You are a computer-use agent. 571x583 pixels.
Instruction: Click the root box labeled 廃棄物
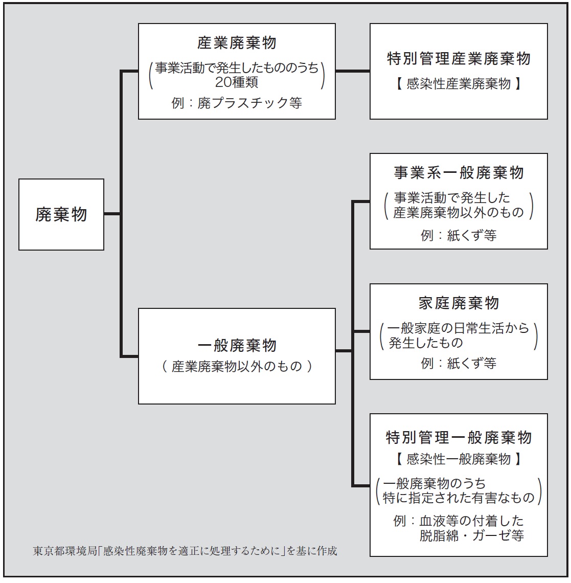coord(61,215)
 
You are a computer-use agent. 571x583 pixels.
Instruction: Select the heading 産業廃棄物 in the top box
coord(237,43)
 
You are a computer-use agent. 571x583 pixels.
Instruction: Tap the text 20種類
coord(237,82)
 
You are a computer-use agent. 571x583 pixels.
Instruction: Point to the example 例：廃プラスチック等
coord(237,103)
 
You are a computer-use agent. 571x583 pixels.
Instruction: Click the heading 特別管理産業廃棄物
coord(459,58)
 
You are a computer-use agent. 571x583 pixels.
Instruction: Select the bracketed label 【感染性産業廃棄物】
coord(459,84)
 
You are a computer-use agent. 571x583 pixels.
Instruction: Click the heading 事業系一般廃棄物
coord(459,173)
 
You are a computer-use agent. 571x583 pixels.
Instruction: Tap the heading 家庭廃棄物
coord(459,303)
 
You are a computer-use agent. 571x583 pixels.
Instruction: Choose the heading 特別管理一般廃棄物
coord(459,437)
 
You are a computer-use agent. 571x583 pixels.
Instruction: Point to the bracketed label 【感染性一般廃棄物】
coord(459,459)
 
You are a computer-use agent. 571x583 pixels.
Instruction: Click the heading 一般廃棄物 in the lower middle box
coord(237,345)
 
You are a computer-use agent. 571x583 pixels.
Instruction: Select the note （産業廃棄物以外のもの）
coord(237,367)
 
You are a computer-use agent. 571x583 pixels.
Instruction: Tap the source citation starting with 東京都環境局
coord(185,551)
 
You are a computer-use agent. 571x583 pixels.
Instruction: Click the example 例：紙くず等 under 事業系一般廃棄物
coord(459,235)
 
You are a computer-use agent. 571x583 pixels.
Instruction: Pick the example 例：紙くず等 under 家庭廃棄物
coord(459,363)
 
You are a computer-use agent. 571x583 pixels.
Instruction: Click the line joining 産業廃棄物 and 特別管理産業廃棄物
coord(353,71)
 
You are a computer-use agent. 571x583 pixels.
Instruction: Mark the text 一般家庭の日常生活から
coord(458,328)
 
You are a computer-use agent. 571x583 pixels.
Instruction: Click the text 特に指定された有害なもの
coord(459,498)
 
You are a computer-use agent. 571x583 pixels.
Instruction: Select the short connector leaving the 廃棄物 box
coord(112,214)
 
